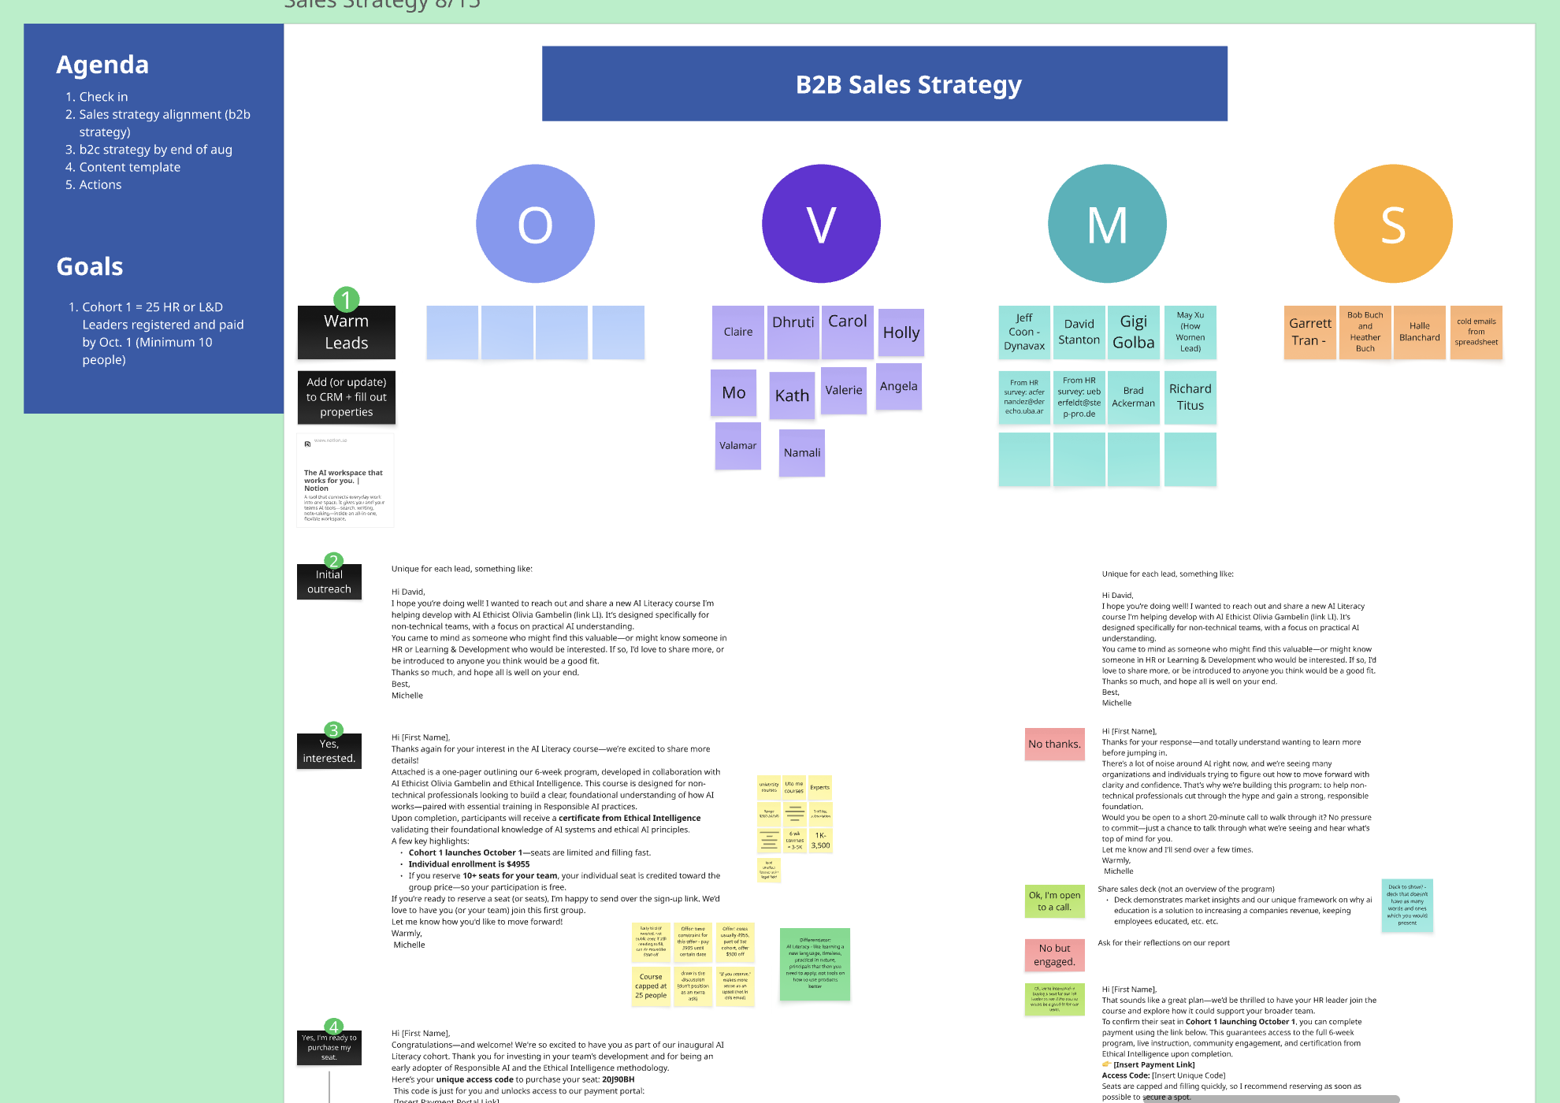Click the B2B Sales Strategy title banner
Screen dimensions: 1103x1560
tap(884, 84)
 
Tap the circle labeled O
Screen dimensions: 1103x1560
tap(535, 224)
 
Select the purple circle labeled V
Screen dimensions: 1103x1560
tap(821, 224)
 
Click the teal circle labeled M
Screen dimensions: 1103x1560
tap(1107, 224)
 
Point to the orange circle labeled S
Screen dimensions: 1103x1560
tap(1393, 224)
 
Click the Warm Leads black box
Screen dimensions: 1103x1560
tap(347, 332)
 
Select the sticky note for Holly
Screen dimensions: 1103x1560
tap(901, 332)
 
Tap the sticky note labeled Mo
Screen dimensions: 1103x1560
tap(734, 393)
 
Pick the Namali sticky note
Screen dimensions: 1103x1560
tap(802, 453)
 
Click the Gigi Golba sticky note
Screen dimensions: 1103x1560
tap(1133, 332)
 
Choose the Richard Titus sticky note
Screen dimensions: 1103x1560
tap(1190, 397)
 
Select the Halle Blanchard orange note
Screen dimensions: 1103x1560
tap(1419, 332)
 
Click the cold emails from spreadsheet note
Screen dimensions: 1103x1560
tap(1476, 332)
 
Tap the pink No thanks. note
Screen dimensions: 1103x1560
tap(1054, 745)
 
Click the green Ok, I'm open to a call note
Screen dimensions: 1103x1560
tap(1054, 901)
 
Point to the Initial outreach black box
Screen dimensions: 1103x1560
tap(329, 582)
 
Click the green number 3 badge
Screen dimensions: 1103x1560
tap(333, 730)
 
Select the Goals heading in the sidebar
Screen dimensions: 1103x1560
tap(90, 267)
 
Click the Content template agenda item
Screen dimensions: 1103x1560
tap(130, 167)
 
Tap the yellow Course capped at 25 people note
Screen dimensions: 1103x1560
tap(651, 986)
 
